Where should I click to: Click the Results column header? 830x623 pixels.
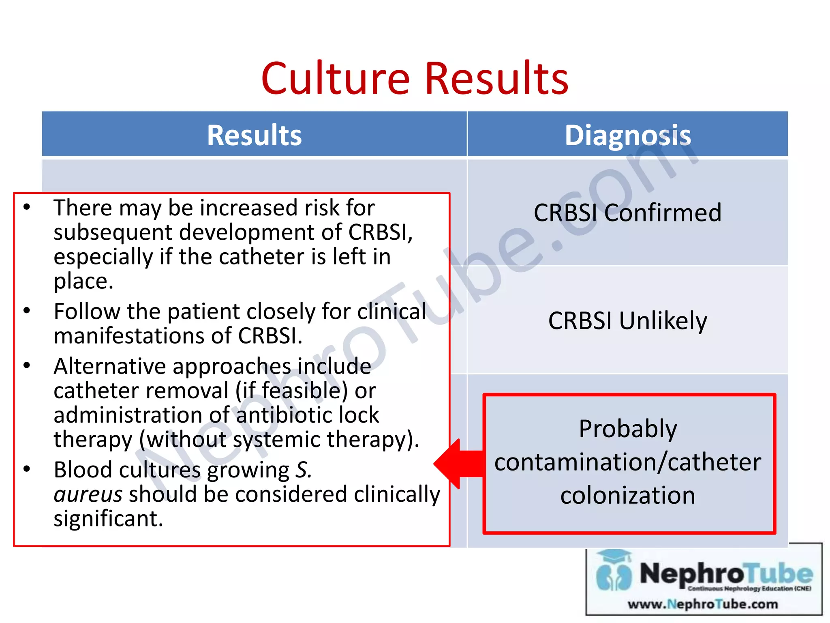tap(254, 135)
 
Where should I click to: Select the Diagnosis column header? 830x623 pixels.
tap(627, 135)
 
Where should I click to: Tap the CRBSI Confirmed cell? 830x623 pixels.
tap(627, 213)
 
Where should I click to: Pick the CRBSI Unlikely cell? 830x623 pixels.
tap(627, 320)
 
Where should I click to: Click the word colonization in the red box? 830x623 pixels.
tap(627, 495)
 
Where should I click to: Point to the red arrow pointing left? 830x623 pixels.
tap(458, 464)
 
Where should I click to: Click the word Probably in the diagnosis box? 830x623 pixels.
tap(627, 429)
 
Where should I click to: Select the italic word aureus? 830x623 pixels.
tap(88, 494)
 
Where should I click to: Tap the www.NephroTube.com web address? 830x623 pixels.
tap(703, 604)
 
